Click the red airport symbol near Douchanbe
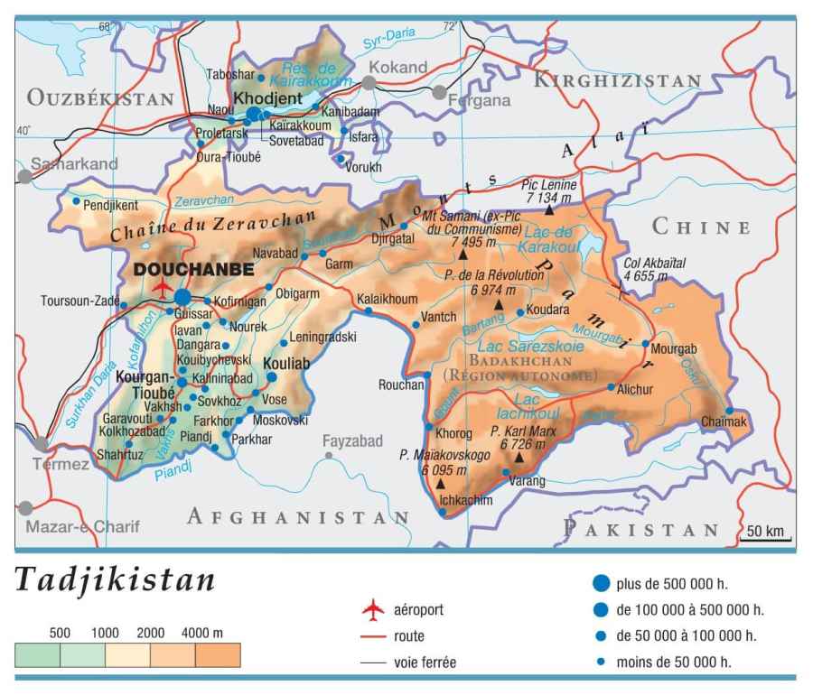[163, 288]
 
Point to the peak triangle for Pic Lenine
[548, 209]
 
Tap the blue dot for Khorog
[427, 425]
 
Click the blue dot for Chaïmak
[729, 411]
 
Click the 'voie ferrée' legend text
[425, 663]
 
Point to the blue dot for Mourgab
[645, 344]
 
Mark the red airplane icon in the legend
[372, 610]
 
